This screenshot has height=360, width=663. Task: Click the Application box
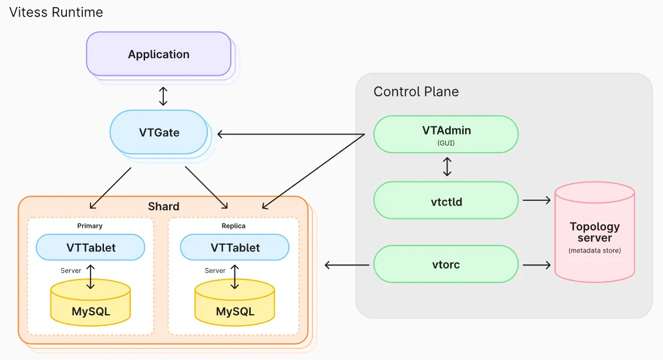159,54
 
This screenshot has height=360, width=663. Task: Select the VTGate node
159,132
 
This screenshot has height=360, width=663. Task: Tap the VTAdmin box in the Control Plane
446,134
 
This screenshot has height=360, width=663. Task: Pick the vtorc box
446,264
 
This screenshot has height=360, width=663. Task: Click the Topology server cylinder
594,235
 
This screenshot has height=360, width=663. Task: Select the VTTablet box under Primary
90,247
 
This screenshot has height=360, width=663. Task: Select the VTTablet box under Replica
235,247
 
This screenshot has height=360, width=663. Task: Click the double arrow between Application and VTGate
163,96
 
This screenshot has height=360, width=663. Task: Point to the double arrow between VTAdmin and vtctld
447,166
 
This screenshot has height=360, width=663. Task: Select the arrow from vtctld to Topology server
536,200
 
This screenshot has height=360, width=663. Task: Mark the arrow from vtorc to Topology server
536,265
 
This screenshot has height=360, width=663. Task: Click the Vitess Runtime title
56,12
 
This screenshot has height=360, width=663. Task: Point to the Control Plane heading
416,92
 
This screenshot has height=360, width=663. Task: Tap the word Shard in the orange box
164,207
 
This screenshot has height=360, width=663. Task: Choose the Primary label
90,226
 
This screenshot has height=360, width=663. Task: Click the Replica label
234,226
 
